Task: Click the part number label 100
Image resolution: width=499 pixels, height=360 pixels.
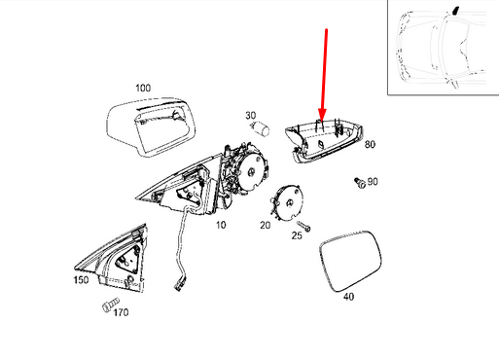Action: tap(143, 89)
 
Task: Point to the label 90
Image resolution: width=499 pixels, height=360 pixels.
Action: tap(373, 182)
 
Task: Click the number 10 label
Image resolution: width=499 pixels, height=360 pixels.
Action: tap(221, 224)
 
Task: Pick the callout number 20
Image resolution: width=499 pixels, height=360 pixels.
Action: tap(265, 225)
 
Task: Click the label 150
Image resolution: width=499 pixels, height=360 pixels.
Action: tap(81, 280)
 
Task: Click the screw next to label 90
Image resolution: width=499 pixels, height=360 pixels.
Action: tap(357, 181)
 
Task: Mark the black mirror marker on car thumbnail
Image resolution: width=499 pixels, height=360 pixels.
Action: tap(453, 12)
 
